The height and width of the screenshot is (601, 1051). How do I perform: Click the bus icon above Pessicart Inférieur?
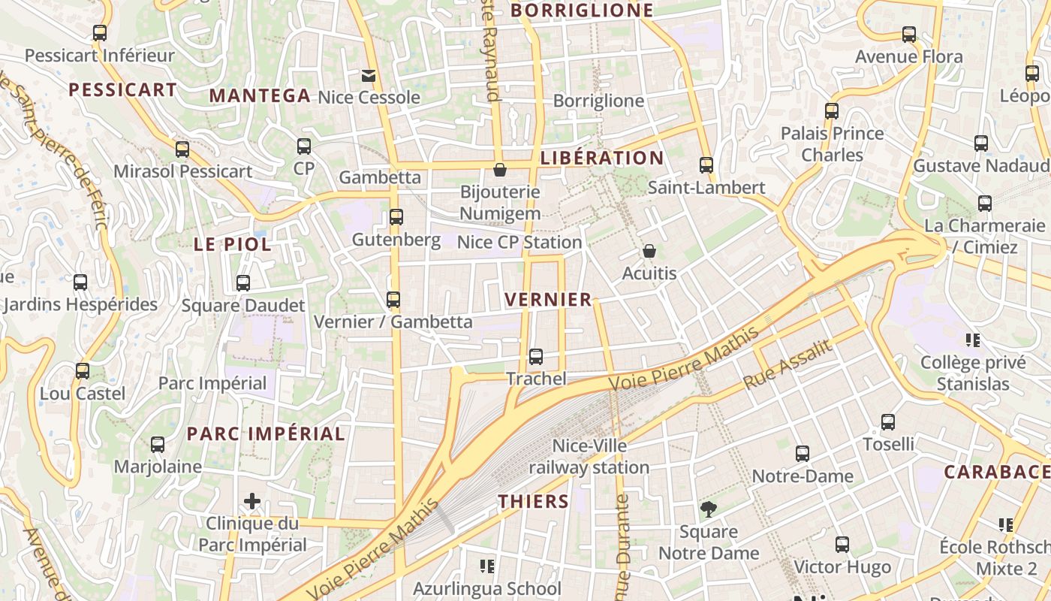click(x=99, y=33)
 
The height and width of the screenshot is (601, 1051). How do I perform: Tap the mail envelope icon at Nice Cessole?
click(x=368, y=76)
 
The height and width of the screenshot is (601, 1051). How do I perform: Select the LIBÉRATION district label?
click(x=601, y=158)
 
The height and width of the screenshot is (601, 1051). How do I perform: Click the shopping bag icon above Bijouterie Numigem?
click(x=500, y=171)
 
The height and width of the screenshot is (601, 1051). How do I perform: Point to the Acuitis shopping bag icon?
click(x=649, y=251)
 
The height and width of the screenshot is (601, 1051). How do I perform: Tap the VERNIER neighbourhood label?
click(x=548, y=300)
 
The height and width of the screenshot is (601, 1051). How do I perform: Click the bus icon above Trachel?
click(x=536, y=357)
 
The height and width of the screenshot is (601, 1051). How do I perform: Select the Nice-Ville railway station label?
click(x=589, y=457)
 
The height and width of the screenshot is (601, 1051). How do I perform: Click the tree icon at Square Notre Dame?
click(x=708, y=510)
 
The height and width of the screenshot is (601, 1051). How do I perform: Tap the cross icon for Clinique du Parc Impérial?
click(x=252, y=501)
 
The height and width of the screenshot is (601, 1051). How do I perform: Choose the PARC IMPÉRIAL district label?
click(x=266, y=433)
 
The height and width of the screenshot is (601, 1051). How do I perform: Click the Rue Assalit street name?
click(x=787, y=364)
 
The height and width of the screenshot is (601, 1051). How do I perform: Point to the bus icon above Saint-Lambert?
click(x=706, y=165)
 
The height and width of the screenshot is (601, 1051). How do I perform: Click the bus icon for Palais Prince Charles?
click(x=832, y=111)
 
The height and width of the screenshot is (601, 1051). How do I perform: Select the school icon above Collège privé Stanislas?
click(x=974, y=340)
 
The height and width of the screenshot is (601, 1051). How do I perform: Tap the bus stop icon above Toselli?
click(x=888, y=422)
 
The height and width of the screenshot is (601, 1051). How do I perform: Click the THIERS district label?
click(x=534, y=501)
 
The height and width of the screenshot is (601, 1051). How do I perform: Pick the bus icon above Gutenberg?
click(x=396, y=218)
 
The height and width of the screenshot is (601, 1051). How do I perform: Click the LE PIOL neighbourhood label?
click(x=232, y=244)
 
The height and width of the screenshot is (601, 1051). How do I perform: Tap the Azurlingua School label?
click(x=486, y=588)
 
